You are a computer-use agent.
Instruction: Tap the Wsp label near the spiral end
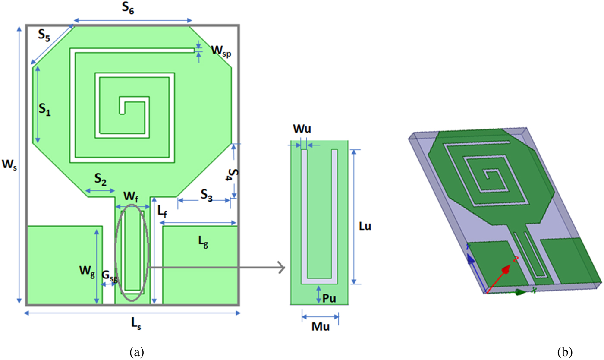pyautogui.click(x=220, y=50)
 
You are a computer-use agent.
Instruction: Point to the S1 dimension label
pyautogui.click(x=44, y=111)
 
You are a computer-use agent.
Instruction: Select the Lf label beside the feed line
pyautogui.click(x=162, y=211)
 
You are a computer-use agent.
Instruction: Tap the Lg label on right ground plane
pyautogui.click(x=203, y=244)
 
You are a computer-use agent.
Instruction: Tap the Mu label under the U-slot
pyautogui.click(x=320, y=327)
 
